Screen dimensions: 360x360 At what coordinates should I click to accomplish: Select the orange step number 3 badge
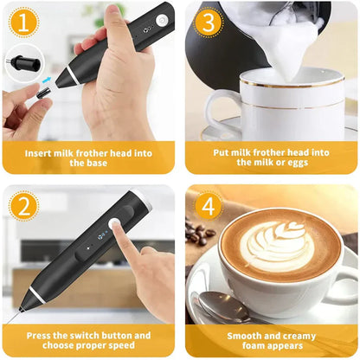coord(207,20)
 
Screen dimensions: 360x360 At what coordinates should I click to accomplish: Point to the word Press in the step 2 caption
coord(42,335)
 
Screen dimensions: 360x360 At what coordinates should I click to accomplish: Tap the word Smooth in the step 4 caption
coord(246,335)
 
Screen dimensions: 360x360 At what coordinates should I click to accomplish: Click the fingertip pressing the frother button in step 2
coord(116,228)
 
